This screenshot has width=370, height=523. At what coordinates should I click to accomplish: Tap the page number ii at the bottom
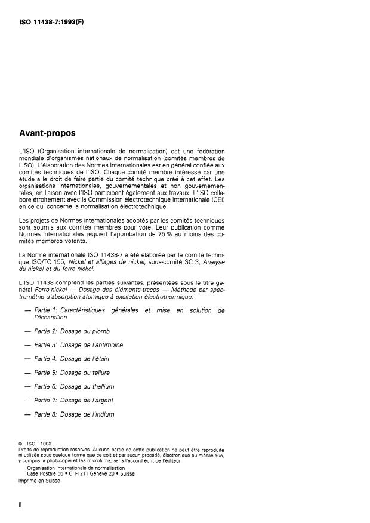coord(21,505)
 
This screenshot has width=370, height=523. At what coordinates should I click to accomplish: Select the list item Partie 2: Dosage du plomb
coord(72,330)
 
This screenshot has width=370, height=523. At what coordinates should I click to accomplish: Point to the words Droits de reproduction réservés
coord(53,449)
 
